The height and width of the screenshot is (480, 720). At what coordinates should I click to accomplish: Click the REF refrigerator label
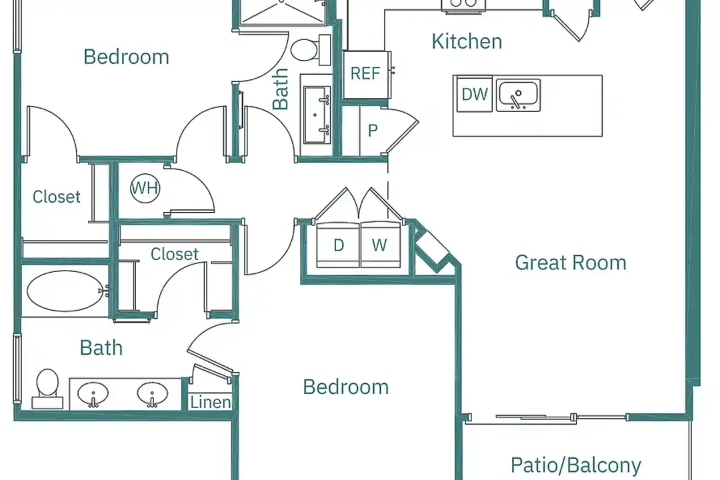(x=365, y=73)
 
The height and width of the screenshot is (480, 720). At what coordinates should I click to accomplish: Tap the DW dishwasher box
(x=475, y=94)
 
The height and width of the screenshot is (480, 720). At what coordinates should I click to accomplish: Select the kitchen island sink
(x=519, y=95)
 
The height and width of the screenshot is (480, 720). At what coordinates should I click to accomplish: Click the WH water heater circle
(x=145, y=189)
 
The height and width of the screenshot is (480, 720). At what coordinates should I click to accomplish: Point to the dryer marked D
(x=339, y=245)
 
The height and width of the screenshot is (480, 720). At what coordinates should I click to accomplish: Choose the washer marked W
(x=379, y=245)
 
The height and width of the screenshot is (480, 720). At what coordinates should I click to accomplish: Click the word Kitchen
(x=467, y=41)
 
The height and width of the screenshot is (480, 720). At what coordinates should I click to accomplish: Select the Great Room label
(x=571, y=263)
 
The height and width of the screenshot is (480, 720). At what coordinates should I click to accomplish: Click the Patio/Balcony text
(x=576, y=465)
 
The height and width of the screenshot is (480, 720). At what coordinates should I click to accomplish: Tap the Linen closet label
(x=211, y=403)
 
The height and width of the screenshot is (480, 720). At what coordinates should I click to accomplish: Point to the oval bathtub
(x=66, y=291)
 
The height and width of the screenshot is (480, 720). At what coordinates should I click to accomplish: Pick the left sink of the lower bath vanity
(x=93, y=395)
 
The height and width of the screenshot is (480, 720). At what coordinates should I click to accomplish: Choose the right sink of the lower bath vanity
(x=153, y=395)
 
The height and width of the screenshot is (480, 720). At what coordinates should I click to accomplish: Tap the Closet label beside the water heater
(x=57, y=197)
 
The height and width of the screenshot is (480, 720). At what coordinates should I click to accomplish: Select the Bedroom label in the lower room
(x=345, y=387)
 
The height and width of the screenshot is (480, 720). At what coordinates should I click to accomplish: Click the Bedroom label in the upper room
(x=126, y=57)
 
